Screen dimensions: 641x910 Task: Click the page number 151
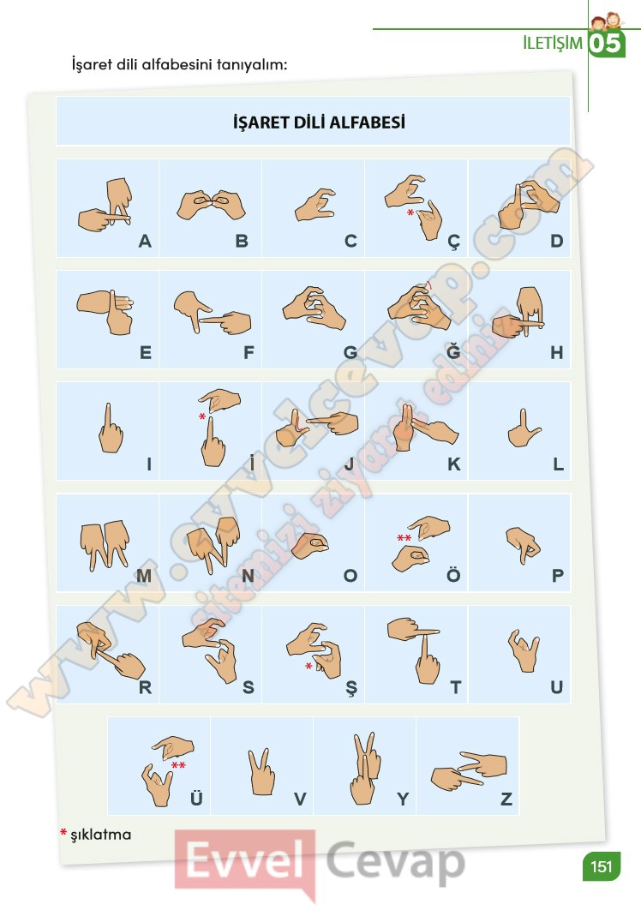[601, 866]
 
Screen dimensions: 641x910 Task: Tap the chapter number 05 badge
[606, 44]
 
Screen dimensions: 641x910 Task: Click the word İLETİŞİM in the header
[552, 43]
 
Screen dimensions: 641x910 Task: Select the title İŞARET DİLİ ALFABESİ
[319, 122]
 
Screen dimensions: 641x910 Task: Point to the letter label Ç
[453, 242]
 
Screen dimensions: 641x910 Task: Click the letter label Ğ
[452, 350]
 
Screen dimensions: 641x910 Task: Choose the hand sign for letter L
[524, 428]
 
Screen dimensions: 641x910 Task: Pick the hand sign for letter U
[524, 650]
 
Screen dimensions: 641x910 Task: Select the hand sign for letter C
[315, 204]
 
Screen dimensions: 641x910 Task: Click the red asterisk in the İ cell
[202, 416]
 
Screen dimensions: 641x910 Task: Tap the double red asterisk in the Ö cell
[404, 538]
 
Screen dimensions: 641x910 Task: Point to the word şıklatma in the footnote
[101, 835]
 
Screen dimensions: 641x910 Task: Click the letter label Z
[506, 799]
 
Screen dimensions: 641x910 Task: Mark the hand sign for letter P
[523, 544]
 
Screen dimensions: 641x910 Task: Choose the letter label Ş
[351, 688]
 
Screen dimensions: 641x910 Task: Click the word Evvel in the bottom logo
[245, 860]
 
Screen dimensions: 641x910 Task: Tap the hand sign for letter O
[310, 546]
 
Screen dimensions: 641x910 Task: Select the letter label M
[144, 576]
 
